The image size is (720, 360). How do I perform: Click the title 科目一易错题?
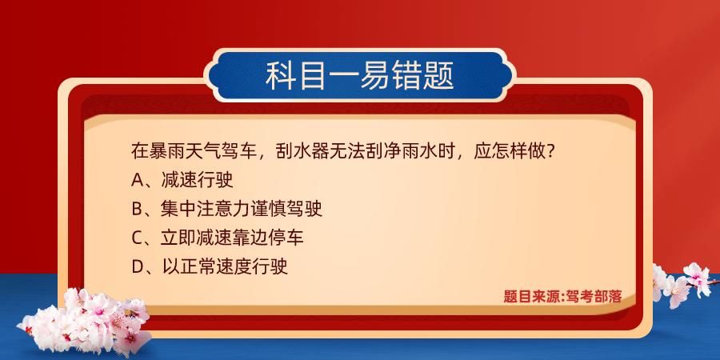coord(360,77)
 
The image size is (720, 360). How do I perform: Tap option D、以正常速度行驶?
coord(209,266)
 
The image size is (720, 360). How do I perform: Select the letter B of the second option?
coord(137,209)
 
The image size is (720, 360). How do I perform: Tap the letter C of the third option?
coord(137,238)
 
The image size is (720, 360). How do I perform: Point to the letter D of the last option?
coord(137,266)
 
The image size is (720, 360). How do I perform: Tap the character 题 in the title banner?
coord(439,77)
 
